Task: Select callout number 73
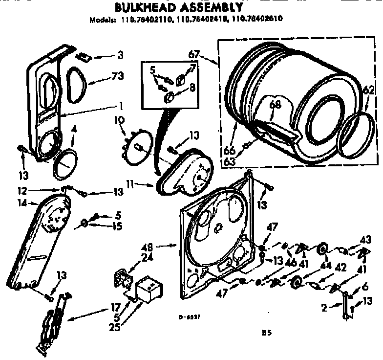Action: [x=117, y=76]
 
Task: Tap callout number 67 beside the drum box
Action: [x=193, y=54]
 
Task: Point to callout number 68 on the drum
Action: [x=276, y=104]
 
